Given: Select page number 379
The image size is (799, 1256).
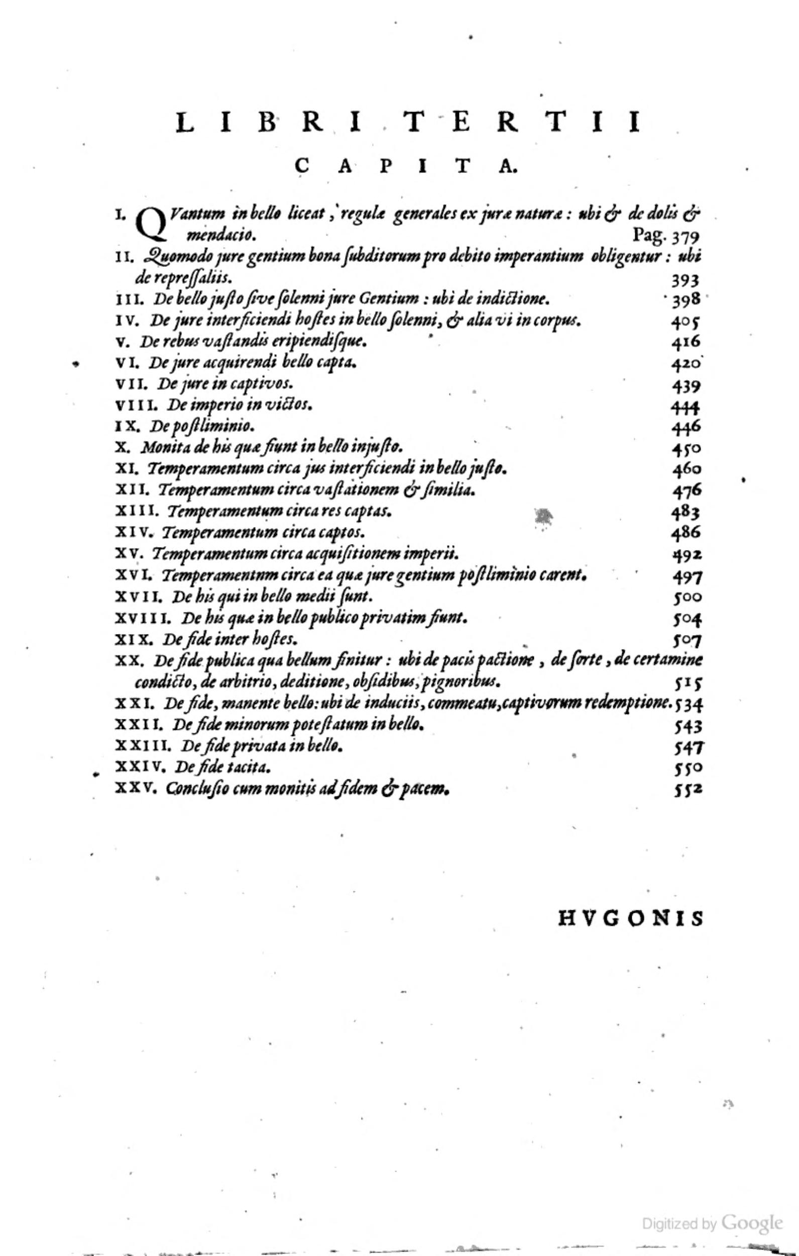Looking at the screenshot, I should click(x=685, y=237).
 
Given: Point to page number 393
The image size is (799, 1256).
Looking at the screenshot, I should click(x=685, y=281).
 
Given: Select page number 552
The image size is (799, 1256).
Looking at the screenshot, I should click(x=688, y=790).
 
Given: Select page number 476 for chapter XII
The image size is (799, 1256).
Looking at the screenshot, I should click(x=687, y=491).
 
